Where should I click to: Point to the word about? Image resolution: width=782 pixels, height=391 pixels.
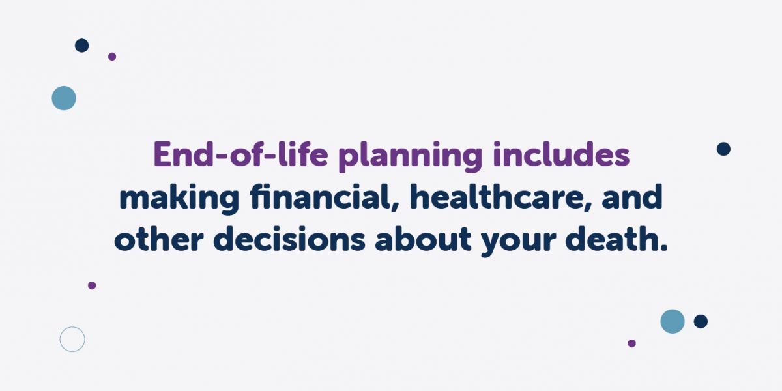click(x=424, y=240)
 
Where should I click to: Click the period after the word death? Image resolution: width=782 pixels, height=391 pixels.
click(x=664, y=250)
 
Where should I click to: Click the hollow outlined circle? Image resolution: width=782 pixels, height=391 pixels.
click(x=72, y=339)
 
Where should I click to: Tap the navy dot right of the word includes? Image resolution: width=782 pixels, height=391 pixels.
click(x=723, y=149)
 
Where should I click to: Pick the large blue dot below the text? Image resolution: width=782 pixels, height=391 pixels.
click(x=673, y=321)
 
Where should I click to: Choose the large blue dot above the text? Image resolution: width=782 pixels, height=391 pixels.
click(x=64, y=98)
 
